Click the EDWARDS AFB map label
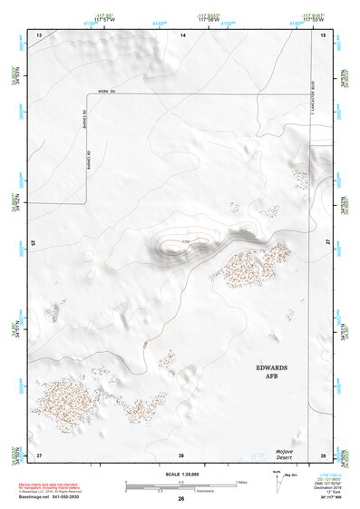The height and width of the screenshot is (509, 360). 269,372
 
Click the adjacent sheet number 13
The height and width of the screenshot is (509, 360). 39,34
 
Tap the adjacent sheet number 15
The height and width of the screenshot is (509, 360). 324,34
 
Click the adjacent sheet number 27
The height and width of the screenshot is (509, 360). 329,242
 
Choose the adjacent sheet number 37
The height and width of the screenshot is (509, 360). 39,454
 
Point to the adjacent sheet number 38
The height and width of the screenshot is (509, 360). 181,454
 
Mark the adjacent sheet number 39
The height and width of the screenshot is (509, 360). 324,454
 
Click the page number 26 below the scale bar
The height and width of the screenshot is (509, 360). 181,498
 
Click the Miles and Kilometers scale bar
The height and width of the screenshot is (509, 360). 180,485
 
